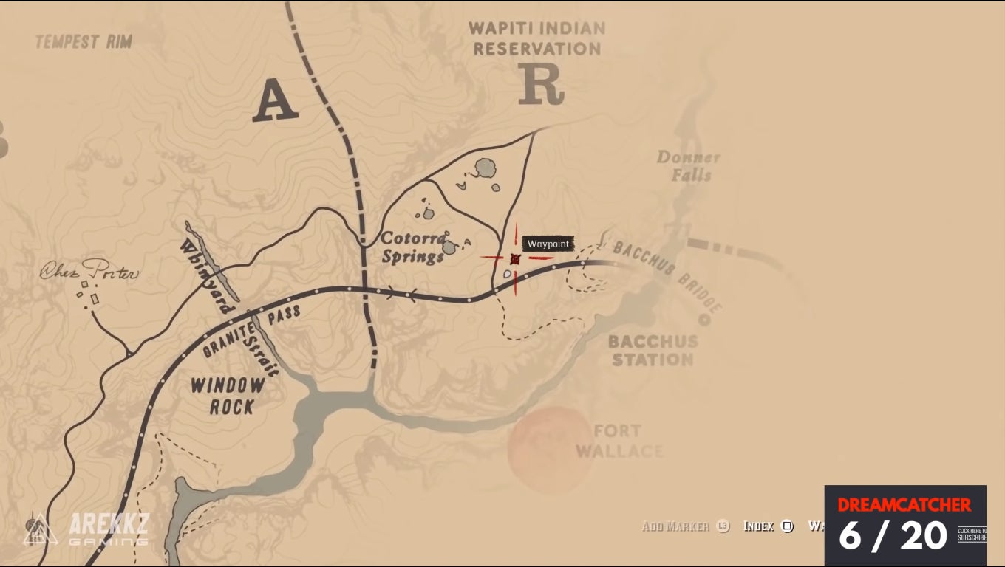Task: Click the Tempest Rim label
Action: (84, 41)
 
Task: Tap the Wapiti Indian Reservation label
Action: (537, 39)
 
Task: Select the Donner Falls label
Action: (687, 166)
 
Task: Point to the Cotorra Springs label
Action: (414, 247)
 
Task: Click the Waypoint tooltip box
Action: (548, 244)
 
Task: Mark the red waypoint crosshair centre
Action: (515, 258)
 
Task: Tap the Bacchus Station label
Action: (653, 351)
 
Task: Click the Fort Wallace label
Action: (619, 441)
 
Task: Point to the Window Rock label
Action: (228, 396)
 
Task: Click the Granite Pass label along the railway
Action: (251, 330)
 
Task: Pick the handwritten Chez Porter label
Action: (89, 272)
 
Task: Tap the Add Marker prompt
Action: (684, 526)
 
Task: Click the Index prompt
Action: (767, 526)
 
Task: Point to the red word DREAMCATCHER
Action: (904, 505)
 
